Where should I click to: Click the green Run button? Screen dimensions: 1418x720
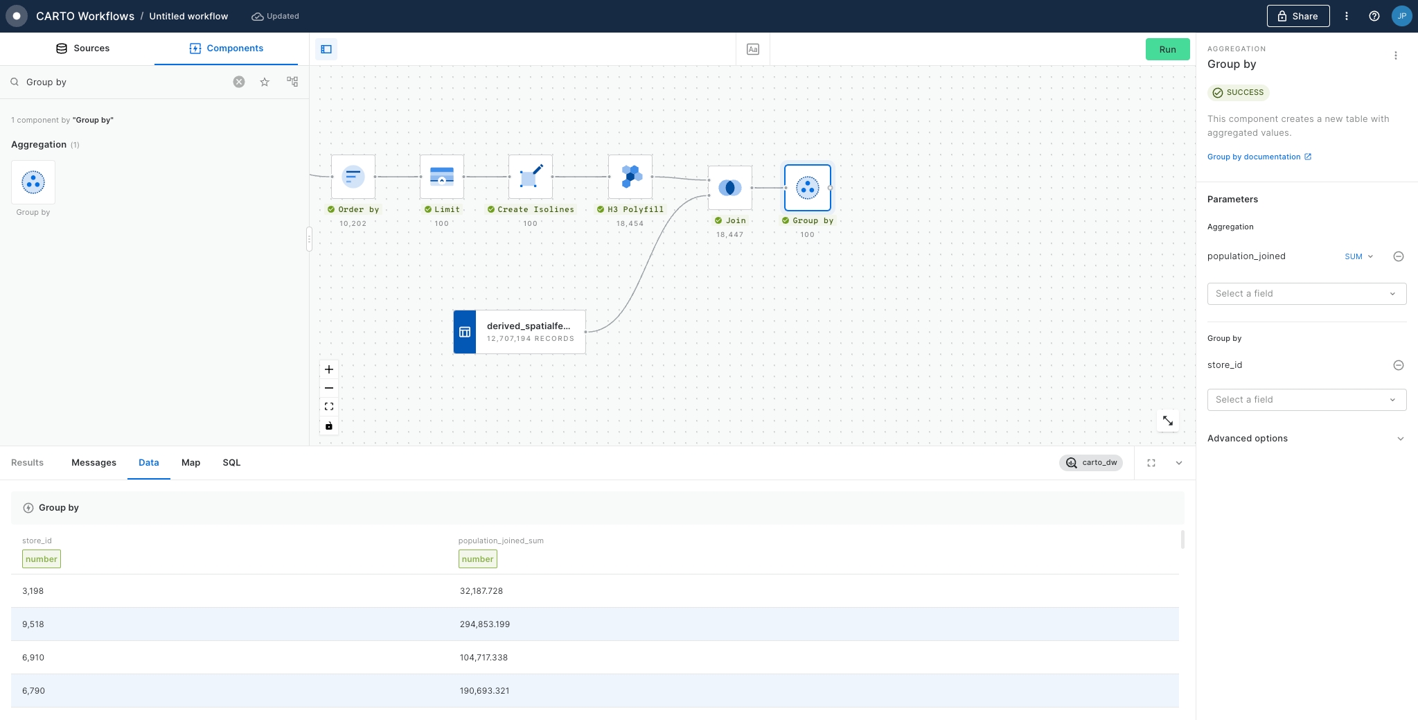pos(1167,49)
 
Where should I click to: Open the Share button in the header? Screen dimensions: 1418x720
pos(1298,16)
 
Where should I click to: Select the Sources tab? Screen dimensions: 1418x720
pos(82,49)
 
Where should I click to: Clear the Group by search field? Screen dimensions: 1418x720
pos(239,82)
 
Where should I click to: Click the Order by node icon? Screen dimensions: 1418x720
pos(353,177)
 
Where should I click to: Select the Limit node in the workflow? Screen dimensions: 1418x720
pos(442,177)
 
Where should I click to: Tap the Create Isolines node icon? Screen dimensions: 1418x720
pos(531,177)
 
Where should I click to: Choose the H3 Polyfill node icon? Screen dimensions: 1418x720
pos(630,177)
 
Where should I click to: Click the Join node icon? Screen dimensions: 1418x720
pos(730,188)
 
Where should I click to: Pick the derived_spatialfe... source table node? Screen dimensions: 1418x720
pos(520,332)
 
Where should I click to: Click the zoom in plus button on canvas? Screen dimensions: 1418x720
pos(329,369)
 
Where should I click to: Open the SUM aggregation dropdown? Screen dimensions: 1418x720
pos(1359,256)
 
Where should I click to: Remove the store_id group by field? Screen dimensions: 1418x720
pos(1399,365)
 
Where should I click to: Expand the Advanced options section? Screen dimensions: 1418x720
pos(1306,439)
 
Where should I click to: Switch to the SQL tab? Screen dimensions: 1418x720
pos(231,463)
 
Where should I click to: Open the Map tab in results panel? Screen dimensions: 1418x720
pos(190,463)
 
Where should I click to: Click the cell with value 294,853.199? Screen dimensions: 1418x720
pos(485,624)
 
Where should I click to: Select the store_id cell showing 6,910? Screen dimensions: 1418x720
pos(33,658)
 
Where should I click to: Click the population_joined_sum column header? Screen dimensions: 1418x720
pos(501,541)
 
